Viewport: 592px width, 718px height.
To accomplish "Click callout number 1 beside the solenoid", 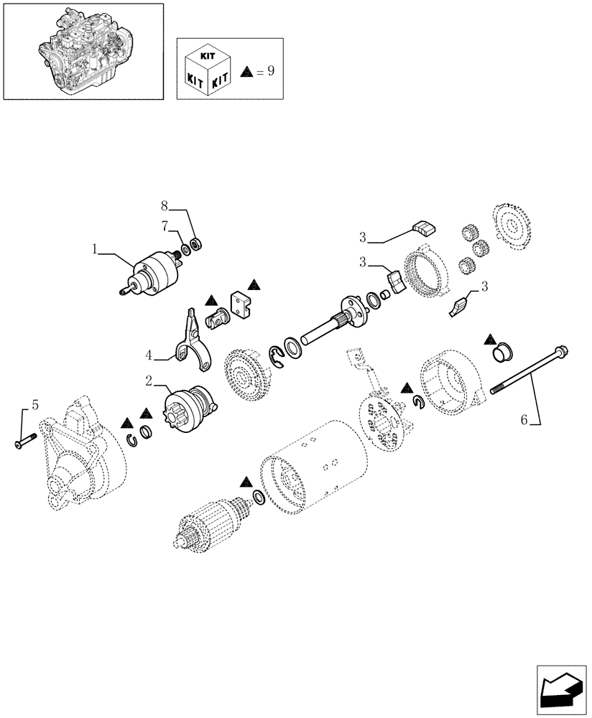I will click(94, 249).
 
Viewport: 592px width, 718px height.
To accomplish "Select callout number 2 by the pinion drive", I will click(148, 380).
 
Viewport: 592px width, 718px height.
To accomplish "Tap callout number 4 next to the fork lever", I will click(148, 355).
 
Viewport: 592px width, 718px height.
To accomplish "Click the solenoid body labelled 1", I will click(151, 274).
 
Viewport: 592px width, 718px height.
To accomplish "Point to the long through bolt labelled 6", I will click(528, 370).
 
